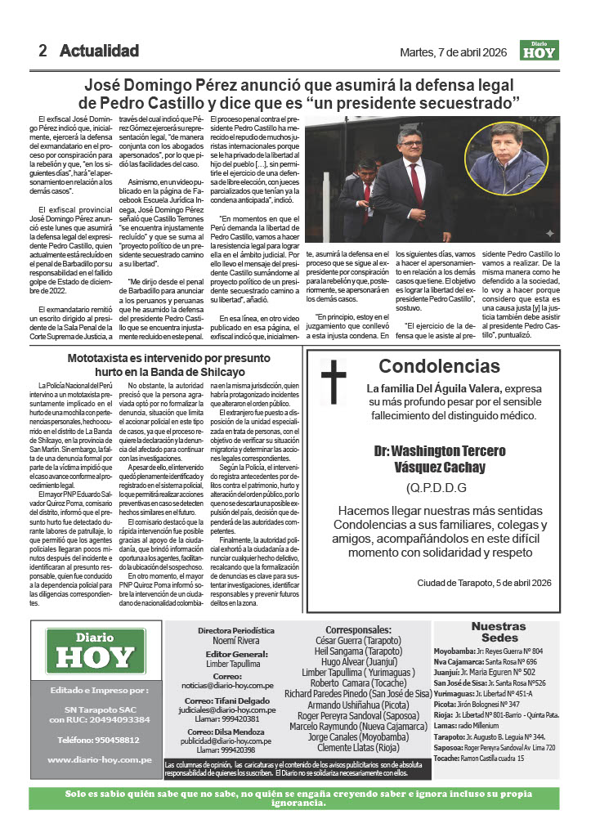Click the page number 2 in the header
tap(43, 51)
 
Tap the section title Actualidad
tap(99, 51)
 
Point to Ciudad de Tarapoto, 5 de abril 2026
tap(484, 582)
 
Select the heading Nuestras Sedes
tap(499, 632)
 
